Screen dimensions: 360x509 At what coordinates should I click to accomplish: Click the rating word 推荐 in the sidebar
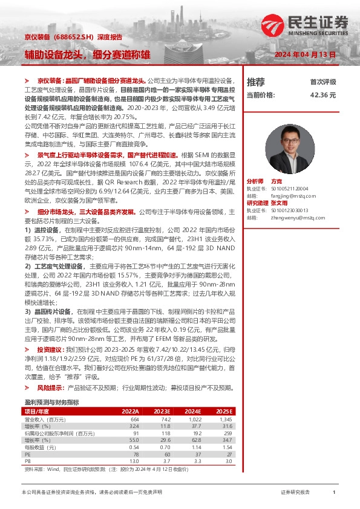click(256, 82)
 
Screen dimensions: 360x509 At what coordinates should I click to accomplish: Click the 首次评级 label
click(323, 82)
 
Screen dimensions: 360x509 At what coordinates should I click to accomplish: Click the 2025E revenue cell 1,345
click(226, 419)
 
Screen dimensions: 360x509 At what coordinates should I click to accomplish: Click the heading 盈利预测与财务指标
click(51, 402)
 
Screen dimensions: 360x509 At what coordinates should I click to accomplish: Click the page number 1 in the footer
click(334, 492)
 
